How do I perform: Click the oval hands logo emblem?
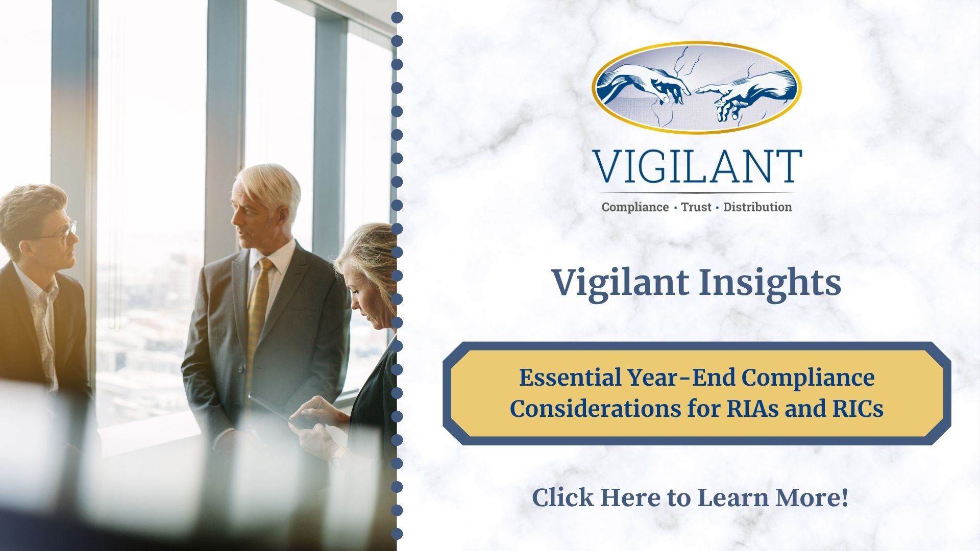[697, 88]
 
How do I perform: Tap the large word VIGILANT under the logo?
[697, 167]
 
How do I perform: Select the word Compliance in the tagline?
[635, 207]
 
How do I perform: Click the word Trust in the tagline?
[696, 207]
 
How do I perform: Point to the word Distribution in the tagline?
[757, 207]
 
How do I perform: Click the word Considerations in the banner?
[592, 409]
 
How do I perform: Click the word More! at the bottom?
[812, 498]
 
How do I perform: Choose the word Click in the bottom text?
[563, 498]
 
